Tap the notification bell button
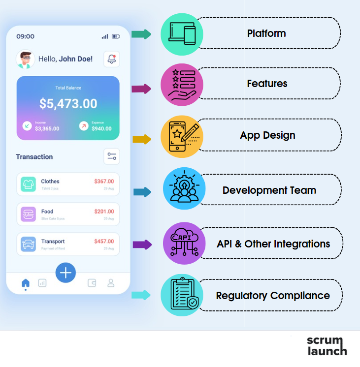tap(112, 59)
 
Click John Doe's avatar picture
tap(26, 59)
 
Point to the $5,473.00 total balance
tap(68, 104)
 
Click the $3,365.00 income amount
tap(47, 128)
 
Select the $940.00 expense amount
tap(101, 128)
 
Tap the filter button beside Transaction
tap(112, 156)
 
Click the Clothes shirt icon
tap(29, 184)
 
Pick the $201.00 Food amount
tap(104, 212)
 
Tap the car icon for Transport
tap(29, 244)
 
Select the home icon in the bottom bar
tap(26, 283)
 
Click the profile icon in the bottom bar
tap(111, 283)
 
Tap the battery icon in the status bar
tap(116, 36)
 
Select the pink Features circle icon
tap(182, 85)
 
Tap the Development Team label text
tap(269, 190)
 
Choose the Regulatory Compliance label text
tap(272, 296)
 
